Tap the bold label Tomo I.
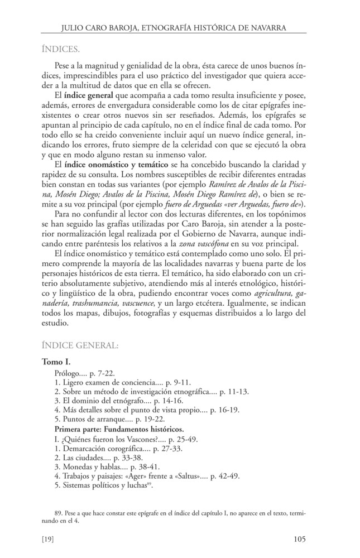click(x=59, y=362)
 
